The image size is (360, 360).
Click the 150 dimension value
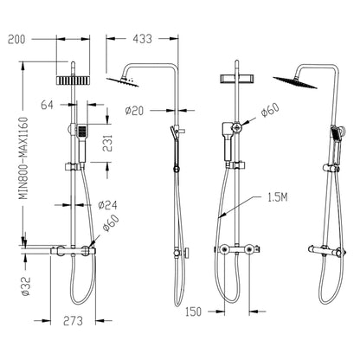pyautogui.click(x=193, y=310)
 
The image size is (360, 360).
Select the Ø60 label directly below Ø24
pyautogui.click(x=111, y=227)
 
